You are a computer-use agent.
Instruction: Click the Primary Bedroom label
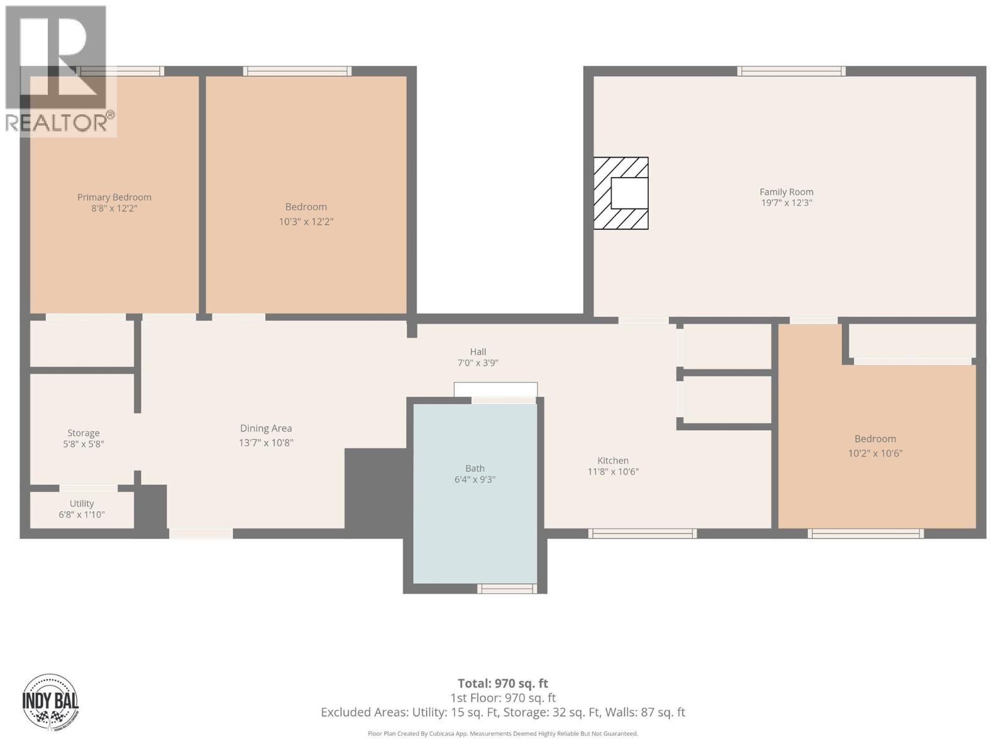tap(114, 197)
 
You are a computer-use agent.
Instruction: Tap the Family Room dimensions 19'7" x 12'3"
tap(786, 203)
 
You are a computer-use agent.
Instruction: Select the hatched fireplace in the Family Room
tap(621, 194)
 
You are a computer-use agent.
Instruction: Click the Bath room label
tap(475, 468)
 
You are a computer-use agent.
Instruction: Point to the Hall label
tap(478, 352)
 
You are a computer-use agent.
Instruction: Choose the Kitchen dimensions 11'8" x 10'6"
tap(613, 472)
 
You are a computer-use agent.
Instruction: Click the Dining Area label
tap(265, 429)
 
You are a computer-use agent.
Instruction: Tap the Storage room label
tap(84, 433)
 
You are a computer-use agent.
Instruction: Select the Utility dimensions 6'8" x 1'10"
tap(82, 515)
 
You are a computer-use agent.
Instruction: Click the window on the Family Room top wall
tap(791, 71)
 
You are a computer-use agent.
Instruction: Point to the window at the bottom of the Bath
tap(507, 589)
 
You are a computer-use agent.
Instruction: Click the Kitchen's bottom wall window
tap(642, 533)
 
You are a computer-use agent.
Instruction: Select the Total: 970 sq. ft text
tap(502, 684)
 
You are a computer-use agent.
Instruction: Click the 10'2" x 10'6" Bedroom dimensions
tap(875, 453)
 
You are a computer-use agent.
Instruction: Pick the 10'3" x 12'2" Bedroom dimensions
tap(306, 222)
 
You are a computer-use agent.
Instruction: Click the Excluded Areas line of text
tap(502, 713)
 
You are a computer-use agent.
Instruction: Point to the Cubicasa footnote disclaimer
tap(502, 733)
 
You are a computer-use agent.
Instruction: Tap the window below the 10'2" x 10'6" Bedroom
tap(865, 533)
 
